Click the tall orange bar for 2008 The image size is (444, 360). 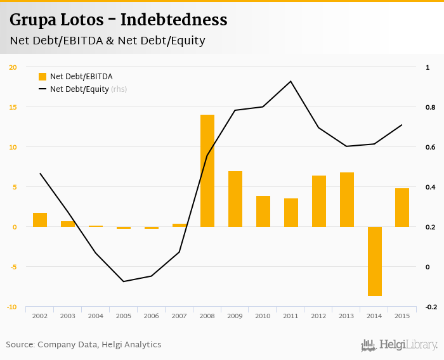(207, 170)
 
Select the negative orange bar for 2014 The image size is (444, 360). (374, 261)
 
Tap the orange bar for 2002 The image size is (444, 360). (40, 220)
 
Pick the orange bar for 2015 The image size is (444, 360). (402, 207)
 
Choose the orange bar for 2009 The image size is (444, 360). (235, 199)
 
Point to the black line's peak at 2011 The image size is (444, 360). (291, 81)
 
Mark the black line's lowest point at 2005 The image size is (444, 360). (124, 281)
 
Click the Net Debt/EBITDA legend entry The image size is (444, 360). (75, 77)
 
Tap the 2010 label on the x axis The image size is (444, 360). (263, 316)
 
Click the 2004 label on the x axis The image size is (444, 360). (96, 316)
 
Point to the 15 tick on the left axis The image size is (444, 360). (13, 107)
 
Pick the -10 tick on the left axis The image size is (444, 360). (12, 307)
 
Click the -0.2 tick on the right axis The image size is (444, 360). (431, 307)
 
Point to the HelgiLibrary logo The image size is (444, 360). (400, 345)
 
